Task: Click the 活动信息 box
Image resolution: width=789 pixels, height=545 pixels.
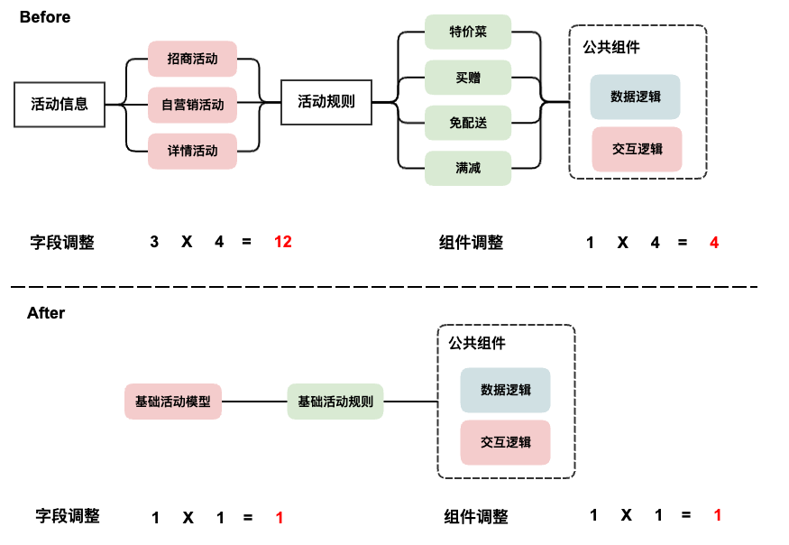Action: (60, 104)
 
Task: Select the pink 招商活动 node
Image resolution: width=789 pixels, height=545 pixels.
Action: (192, 59)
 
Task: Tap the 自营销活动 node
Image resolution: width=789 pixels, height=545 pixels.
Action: (192, 105)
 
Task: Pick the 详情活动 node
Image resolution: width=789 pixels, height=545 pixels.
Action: (192, 151)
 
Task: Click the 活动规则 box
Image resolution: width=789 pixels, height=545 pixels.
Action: (326, 102)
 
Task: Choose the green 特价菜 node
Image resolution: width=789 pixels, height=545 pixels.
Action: (468, 32)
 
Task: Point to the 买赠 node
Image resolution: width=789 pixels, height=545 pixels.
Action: (468, 78)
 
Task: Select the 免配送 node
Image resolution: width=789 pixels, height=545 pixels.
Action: (468, 123)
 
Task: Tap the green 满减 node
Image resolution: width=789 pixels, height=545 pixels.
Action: (468, 168)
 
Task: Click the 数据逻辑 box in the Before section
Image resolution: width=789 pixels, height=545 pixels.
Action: (636, 97)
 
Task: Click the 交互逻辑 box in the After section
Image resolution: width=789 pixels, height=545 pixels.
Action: (505, 442)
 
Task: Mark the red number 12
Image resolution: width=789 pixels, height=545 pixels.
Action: (282, 242)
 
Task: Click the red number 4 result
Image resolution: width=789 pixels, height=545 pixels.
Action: (714, 242)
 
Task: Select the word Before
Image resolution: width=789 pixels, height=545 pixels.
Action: (44, 17)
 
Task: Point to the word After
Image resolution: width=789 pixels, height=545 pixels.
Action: (46, 313)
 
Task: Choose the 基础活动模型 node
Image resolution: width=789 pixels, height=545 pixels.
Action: (173, 402)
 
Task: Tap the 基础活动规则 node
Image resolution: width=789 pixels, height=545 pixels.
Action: (335, 402)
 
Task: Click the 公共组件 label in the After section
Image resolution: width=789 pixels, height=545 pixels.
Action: (477, 343)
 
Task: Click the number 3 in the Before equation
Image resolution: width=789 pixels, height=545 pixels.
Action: (154, 242)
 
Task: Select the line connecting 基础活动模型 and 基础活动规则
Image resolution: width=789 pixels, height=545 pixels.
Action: (255, 402)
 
